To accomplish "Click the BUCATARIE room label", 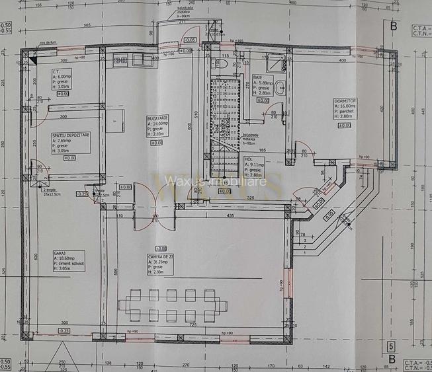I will pos(157,118).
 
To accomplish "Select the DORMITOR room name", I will pos(345,101).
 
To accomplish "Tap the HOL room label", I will pos(248,159).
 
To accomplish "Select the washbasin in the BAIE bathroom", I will pos(281,87).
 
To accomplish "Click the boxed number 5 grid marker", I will pos(390,345).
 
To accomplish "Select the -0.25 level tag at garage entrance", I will pos(63,330).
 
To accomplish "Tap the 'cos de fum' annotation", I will pos(47,42).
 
